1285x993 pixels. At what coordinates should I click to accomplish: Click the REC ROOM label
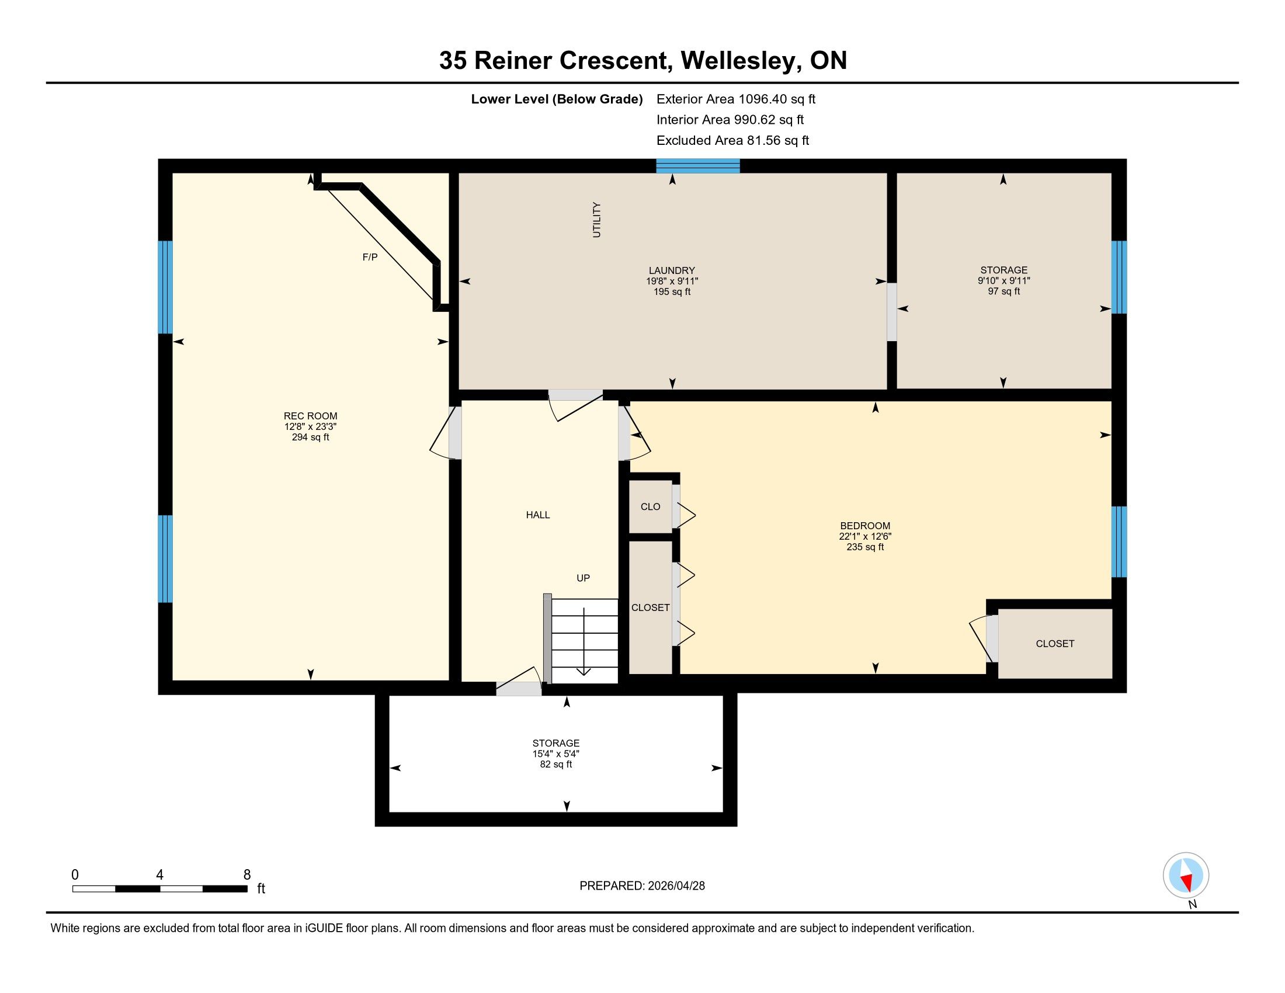pos(310,416)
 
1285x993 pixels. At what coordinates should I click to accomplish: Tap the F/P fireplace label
pos(370,257)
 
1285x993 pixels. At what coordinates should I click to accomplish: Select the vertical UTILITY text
pos(596,220)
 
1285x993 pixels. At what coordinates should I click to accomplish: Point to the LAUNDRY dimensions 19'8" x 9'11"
pos(672,281)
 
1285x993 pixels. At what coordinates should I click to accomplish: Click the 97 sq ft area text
pos(1003,291)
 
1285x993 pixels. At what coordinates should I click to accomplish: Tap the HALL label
pos(538,515)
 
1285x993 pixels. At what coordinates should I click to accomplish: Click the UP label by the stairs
pos(583,578)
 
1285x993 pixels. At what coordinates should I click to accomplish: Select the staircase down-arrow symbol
pos(583,642)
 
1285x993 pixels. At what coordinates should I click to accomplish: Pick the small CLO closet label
pos(650,506)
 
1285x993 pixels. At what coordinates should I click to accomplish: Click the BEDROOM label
pos(865,526)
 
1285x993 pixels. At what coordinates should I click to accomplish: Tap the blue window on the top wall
pos(698,166)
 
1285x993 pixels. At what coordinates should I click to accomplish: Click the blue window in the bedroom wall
pos(1119,542)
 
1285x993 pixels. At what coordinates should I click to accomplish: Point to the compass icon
pos(1186,875)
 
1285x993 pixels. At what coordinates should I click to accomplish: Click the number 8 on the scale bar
pos(247,875)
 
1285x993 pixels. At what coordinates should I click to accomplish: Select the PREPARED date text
pos(642,886)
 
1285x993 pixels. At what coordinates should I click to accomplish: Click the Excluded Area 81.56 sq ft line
pos(732,141)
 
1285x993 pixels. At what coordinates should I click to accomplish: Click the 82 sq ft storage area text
pos(555,764)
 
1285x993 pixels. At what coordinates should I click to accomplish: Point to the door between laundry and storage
pos(892,312)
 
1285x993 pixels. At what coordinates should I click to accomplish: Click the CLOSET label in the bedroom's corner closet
pos(1055,644)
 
